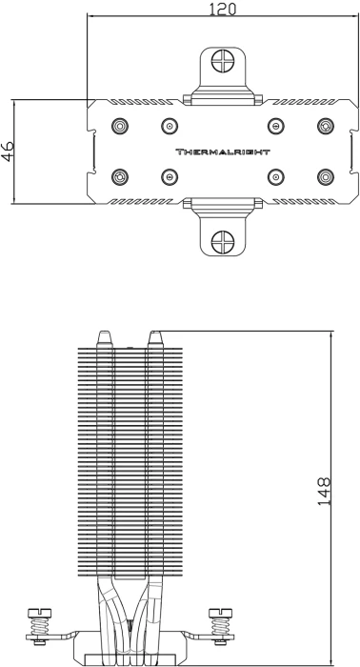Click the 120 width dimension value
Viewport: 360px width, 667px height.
click(x=222, y=9)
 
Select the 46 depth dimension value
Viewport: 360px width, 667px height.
click(x=8, y=152)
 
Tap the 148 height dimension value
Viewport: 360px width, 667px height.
click(x=324, y=492)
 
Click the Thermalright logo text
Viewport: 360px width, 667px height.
click(x=223, y=152)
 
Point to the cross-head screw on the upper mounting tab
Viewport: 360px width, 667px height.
click(x=223, y=61)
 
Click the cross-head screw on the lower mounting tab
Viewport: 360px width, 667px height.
click(x=223, y=242)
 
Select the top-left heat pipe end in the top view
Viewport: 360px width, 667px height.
click(x=120, y=126)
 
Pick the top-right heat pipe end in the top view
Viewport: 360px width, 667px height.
click(x=326, y=126)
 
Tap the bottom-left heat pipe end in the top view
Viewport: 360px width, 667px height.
click(x=120, y=176)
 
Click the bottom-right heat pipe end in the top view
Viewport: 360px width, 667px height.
click(x=326, y=176)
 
